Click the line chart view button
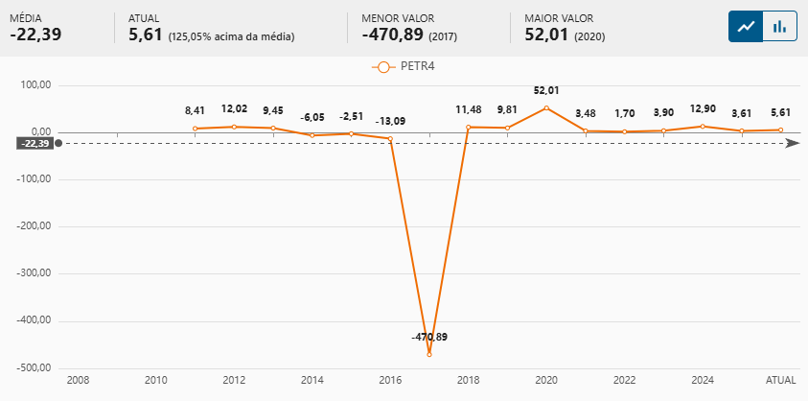(x=746, y=27)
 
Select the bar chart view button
(x=780, y=27)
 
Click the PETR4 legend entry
(x=404, y=67)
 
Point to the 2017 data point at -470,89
(x=429, y=355)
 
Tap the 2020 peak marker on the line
(x=546, y=108)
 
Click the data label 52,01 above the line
(x=546, y=90)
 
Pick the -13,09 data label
(x=390, y=121)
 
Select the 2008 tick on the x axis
(x=78, y=381)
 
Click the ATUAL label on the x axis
(x=780, y=381)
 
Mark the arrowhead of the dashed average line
(x=792, y=144)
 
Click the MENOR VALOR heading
(x=394, y=18)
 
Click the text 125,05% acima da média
(x=231, y=36)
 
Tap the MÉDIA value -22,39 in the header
(x=35, y=35)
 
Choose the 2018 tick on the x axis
(x=468, y=381)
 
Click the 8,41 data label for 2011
(x=196, y=111)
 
